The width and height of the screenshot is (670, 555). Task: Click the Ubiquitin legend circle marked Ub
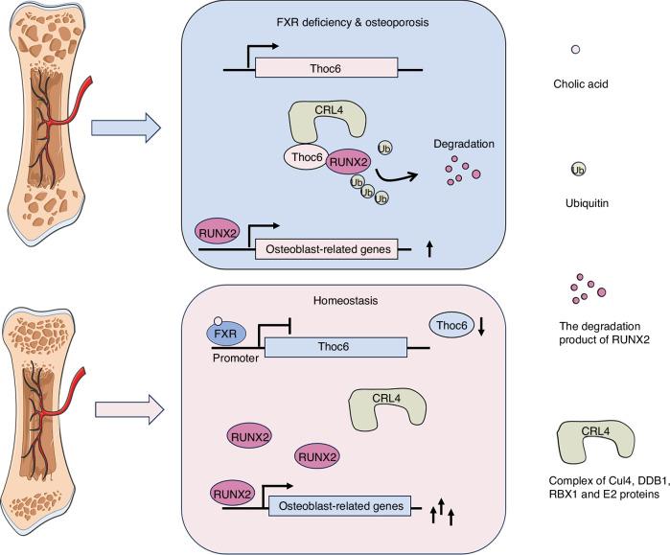pos(578,170)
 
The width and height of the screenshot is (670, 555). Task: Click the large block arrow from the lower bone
pos(126,410)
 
